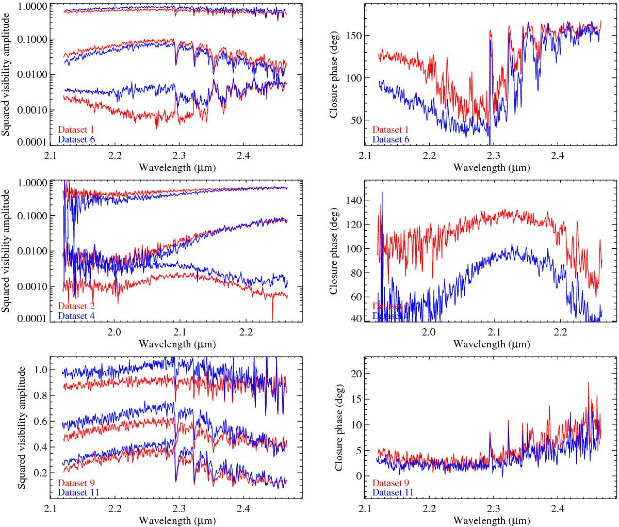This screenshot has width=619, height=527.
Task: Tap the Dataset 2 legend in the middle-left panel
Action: (x=76, y=306)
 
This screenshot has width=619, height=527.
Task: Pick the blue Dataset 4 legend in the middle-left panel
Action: (x=76, y=315)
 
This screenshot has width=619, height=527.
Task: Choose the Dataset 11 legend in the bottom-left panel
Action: (x=78, y=492)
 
